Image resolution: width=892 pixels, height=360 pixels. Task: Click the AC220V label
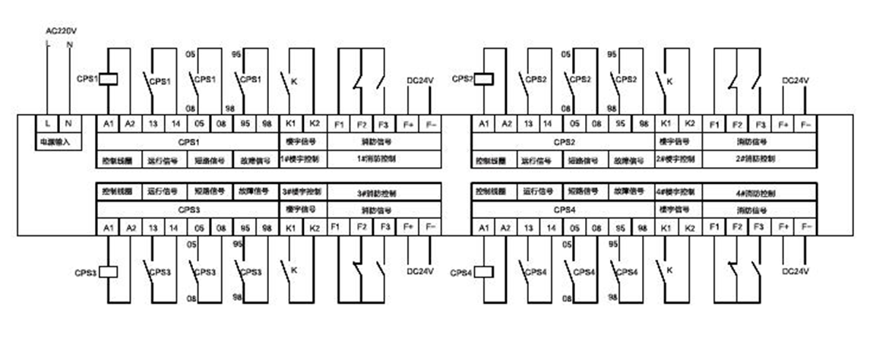click(62, 31)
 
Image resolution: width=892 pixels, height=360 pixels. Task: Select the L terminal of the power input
click(48, 123)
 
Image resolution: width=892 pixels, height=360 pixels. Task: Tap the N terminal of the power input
click(69, 123)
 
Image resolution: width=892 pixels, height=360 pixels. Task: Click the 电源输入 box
click(56, 141)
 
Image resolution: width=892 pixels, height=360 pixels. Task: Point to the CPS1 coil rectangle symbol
click(108, 78)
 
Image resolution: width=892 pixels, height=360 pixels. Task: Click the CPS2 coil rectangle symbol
click(483, 78)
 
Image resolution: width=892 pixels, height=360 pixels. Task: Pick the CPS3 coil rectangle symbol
click(108, 271)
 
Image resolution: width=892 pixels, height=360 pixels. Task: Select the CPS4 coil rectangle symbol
click(483, 271)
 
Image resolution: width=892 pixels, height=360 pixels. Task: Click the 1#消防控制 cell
click(375, 159)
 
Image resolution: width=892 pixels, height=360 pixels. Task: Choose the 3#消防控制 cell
click(375, 193)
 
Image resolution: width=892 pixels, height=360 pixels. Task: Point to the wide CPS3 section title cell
click(188, 209)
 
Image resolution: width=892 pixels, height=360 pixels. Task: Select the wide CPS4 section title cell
click(563, 209)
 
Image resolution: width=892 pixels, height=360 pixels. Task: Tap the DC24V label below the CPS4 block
click(796, 271)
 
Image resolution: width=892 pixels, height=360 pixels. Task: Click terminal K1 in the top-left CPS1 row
click(291, 123)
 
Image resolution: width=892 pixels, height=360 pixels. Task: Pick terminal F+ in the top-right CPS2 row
click(783, 123)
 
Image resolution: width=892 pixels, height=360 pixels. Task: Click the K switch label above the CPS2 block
click(669, 79)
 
